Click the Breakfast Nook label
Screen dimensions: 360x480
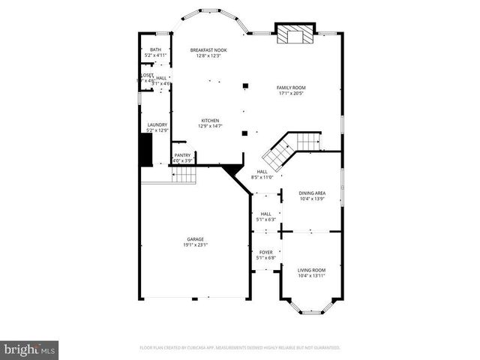pos(208,50)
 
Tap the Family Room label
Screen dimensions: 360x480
pos(292,88)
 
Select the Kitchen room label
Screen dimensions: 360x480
pos(209,120)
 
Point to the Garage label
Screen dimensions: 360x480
pos(195,239)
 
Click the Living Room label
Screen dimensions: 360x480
pos(311,270)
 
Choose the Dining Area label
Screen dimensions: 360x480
pos(311,193)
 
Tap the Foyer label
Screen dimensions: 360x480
pos(266,252)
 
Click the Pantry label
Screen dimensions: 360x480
pos(183,155)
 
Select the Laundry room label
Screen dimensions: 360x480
pos(157,125)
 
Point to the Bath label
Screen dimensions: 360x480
pos(155,50)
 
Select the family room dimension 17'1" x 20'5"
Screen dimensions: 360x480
pos(292,94)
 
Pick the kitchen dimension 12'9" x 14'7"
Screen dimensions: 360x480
pos(209,126)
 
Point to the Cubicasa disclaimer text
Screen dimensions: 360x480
pos(240,348)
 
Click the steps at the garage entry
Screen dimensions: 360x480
pos(184,175)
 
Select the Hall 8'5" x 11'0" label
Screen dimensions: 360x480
pos(262,174)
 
